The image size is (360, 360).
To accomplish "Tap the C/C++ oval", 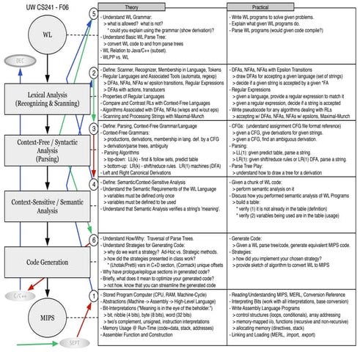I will click(x=19, y=276).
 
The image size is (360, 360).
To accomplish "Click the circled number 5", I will click(x=91, y=15).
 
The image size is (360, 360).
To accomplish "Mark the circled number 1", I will click(x=91, y=295).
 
